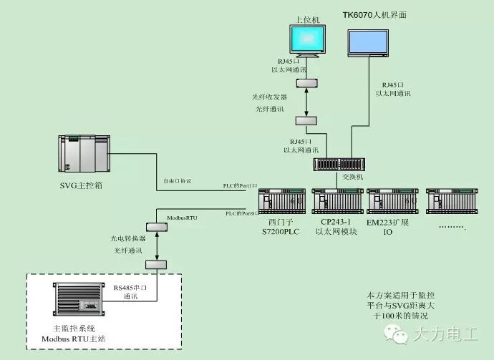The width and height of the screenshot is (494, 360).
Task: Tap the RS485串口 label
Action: [x=131, y=287]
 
